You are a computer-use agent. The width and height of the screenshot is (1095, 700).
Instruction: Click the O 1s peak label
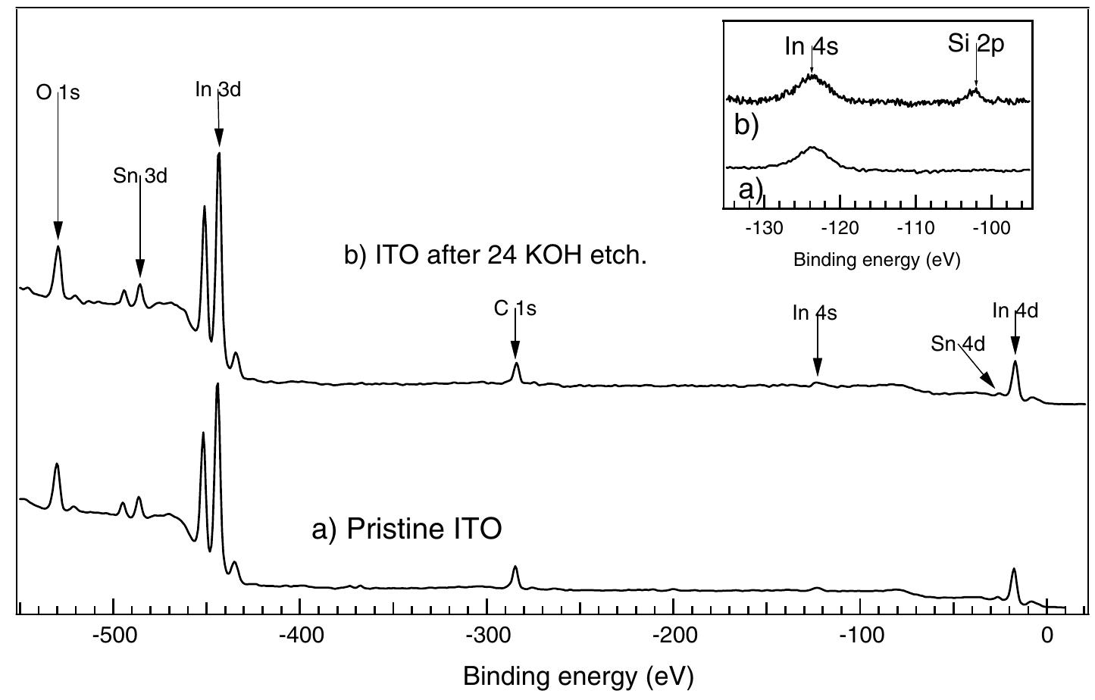point(58,93)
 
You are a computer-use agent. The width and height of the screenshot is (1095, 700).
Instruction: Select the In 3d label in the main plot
point(218,89)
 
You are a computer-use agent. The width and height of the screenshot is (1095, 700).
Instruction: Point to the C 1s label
point(515,308)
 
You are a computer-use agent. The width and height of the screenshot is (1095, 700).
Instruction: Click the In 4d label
point(1015,311)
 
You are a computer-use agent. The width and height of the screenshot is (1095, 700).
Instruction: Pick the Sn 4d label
point(958,344)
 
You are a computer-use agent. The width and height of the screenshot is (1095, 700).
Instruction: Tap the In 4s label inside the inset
point(812,47)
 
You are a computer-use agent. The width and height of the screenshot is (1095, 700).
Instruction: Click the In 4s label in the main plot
point(815,313)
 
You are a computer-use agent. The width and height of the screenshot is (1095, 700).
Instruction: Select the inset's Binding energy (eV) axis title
point(877,260)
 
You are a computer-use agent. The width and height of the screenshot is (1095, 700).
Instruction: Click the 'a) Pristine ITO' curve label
point(406,530)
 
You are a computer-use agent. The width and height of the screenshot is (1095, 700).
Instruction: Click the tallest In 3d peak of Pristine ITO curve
point(217,385)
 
